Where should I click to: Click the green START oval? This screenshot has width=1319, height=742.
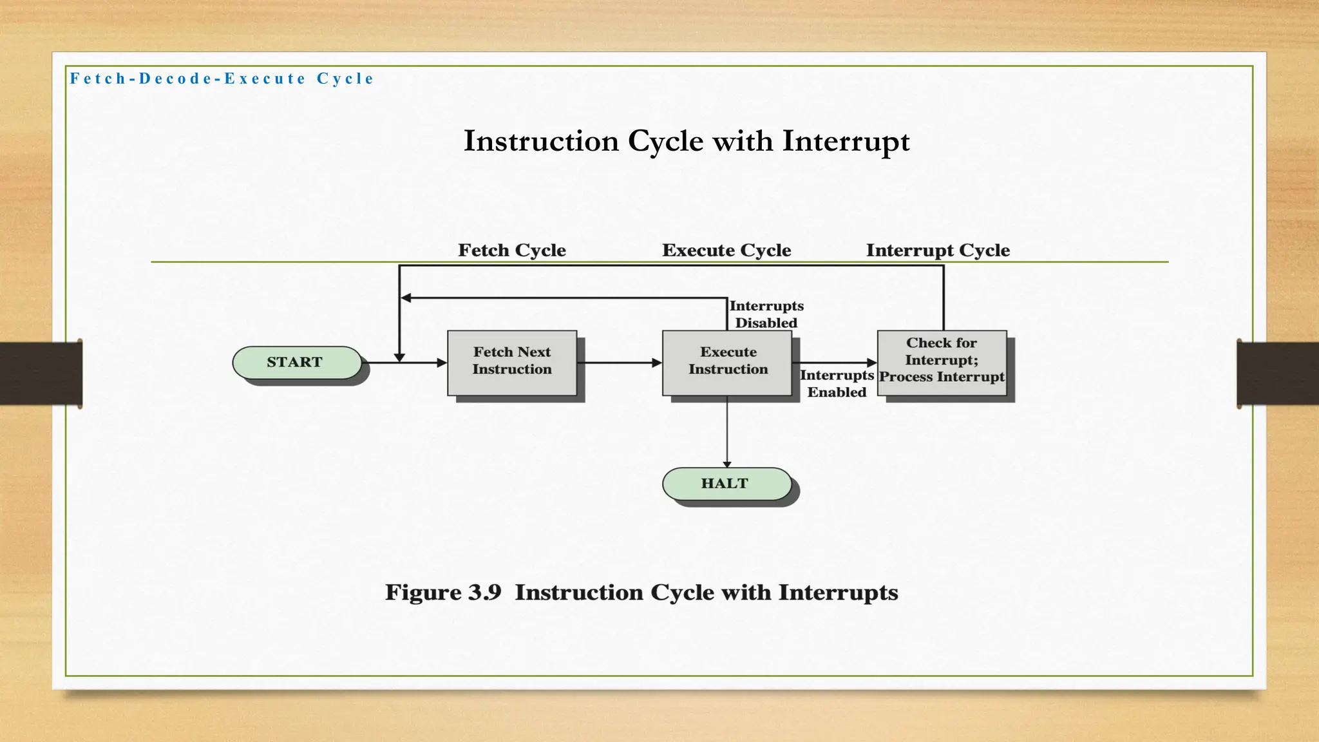click(x=296, y=363)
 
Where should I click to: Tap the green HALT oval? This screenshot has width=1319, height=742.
click(x=726, y=484)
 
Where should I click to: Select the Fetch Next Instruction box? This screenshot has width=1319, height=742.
click(x=512, y=363)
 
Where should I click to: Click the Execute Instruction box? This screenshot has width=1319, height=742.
click(x=727, y=363)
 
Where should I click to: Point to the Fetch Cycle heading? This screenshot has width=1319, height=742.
click(x=512, y=250)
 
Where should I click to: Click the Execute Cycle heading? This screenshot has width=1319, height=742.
click(x=726, y=250)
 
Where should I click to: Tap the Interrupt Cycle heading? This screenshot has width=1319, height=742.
click(x=938, y=250)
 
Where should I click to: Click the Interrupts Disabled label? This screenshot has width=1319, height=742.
click(x=766, y=314)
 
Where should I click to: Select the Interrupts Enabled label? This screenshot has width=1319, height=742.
click(x=837, y=384)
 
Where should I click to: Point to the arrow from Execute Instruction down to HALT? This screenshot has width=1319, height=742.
click(x=727, y=432)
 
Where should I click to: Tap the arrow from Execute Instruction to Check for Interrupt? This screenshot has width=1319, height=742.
click(x=835, y=363)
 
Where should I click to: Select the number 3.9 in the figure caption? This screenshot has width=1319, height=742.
click(x=484, y=593)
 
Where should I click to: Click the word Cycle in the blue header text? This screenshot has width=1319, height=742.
click(x=345, y=79)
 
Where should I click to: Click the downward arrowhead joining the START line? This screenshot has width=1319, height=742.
click(x=399, y=357)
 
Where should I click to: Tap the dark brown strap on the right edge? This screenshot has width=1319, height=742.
click(x=1278, y=374)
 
